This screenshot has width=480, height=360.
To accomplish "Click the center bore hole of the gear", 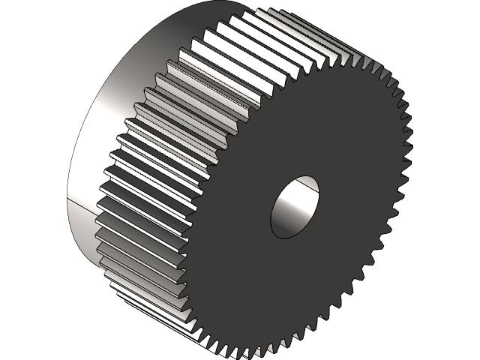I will click(x=295, y=207).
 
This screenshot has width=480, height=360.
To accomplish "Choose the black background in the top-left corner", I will click(x=22, y=22).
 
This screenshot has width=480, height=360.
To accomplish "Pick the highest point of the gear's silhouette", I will click(x=225, y=1).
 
